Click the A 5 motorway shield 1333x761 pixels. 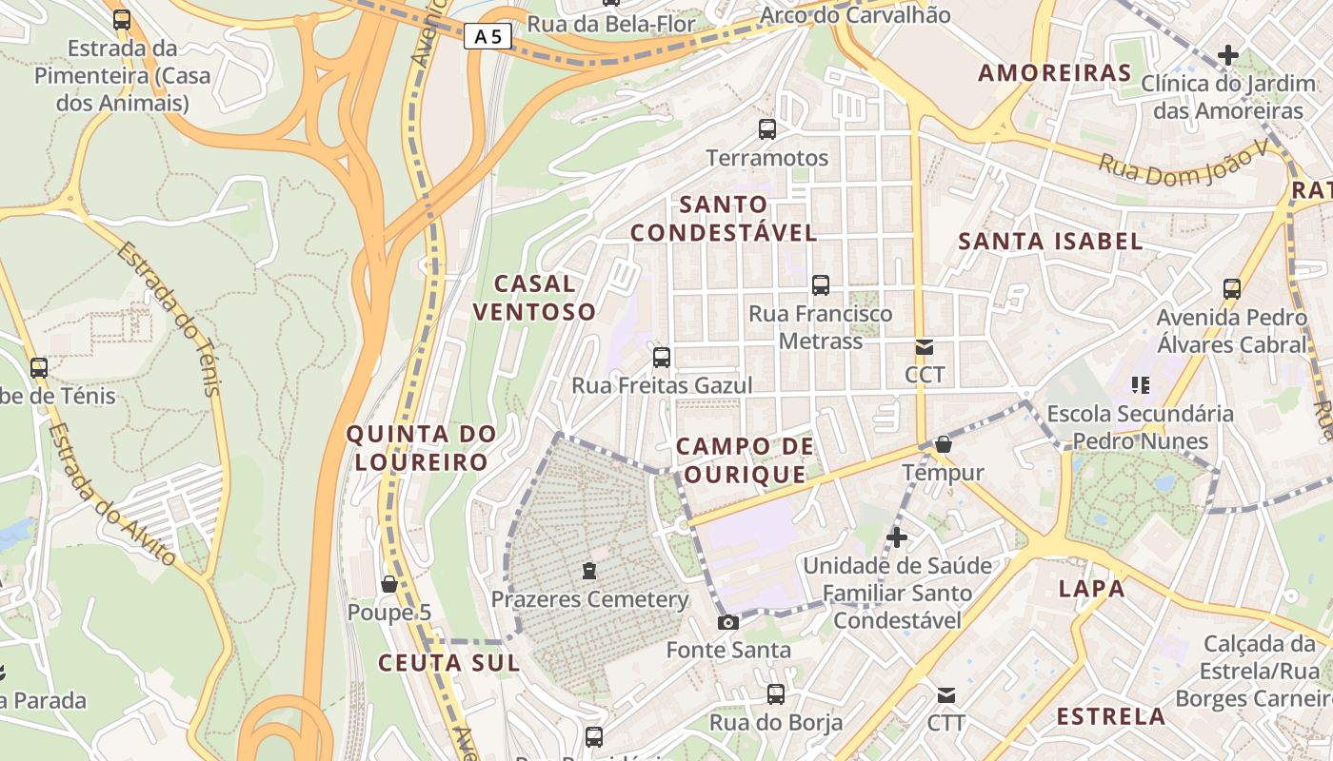[x=488, y=37]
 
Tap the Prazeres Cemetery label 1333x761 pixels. [x=589, y=599]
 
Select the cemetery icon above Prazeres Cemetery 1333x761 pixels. [x=589, y=571]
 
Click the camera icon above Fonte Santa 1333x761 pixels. [x=728, y=623]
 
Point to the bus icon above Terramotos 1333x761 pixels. [x=767, y=129]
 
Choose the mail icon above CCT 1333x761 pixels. [x=925, y=347]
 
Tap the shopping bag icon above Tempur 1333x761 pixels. [x=944, y=444]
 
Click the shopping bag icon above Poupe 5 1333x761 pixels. [x=388, y=583]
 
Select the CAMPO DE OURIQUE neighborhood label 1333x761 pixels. [x=745, y=459]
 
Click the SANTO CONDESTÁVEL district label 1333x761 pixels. [x=724, y=219]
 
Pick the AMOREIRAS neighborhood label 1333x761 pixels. [x=1055, y=73]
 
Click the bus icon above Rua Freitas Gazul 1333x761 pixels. [x=662, y=358]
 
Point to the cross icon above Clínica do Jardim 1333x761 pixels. [x=1228, y=55]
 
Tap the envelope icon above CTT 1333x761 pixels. [x=946, y=695]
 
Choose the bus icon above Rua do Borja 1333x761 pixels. [x=776, y=694]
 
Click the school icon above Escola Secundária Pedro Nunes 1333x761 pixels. [x=1140, y=385]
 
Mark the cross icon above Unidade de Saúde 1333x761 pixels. [x=896, y=537]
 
